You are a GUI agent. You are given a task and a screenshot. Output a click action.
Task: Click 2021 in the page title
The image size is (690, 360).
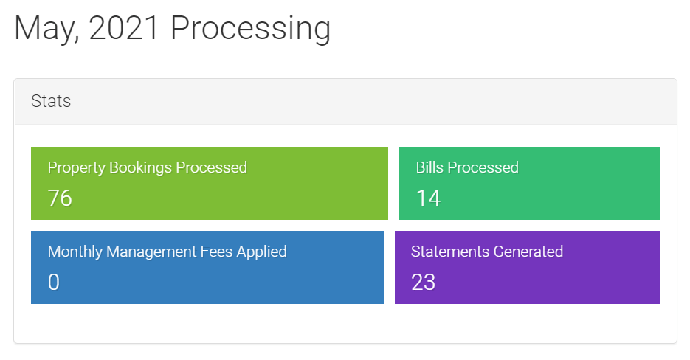tap(123, 28)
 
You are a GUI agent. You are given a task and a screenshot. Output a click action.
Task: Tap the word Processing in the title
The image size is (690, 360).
tap(250, 29)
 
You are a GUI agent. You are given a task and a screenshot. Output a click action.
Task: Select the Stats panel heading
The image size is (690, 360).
tap(51, 101)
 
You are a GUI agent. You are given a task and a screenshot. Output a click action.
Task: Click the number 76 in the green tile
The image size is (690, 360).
tap(60, 198)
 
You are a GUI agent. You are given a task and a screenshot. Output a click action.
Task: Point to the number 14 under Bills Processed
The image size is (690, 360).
tap(428, 198)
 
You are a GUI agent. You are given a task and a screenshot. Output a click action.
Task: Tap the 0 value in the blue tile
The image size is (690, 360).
tap(54, 282)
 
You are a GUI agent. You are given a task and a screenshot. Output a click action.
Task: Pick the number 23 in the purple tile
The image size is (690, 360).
tap(424, 282)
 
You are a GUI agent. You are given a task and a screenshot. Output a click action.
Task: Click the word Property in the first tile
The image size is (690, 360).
tap(77, 168)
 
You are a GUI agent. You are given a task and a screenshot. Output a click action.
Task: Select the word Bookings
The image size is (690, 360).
tap(140, 168)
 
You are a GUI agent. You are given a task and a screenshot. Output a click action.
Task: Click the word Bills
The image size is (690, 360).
tap(429, 167)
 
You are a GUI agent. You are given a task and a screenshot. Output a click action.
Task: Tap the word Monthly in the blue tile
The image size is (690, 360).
tap(75, 252)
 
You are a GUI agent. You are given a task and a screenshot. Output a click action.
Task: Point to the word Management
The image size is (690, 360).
tap(151, 252)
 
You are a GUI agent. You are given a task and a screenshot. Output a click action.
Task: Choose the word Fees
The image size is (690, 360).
tap(216, 252)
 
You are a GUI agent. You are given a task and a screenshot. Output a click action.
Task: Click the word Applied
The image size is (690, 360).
tap(262, 252)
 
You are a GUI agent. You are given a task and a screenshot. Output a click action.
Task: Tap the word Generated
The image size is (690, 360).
tap(528, 252)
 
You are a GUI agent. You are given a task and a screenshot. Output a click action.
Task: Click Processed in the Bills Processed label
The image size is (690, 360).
tap(483, 167)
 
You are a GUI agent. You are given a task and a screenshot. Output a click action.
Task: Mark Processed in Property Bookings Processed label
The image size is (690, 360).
tap(211, 167)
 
